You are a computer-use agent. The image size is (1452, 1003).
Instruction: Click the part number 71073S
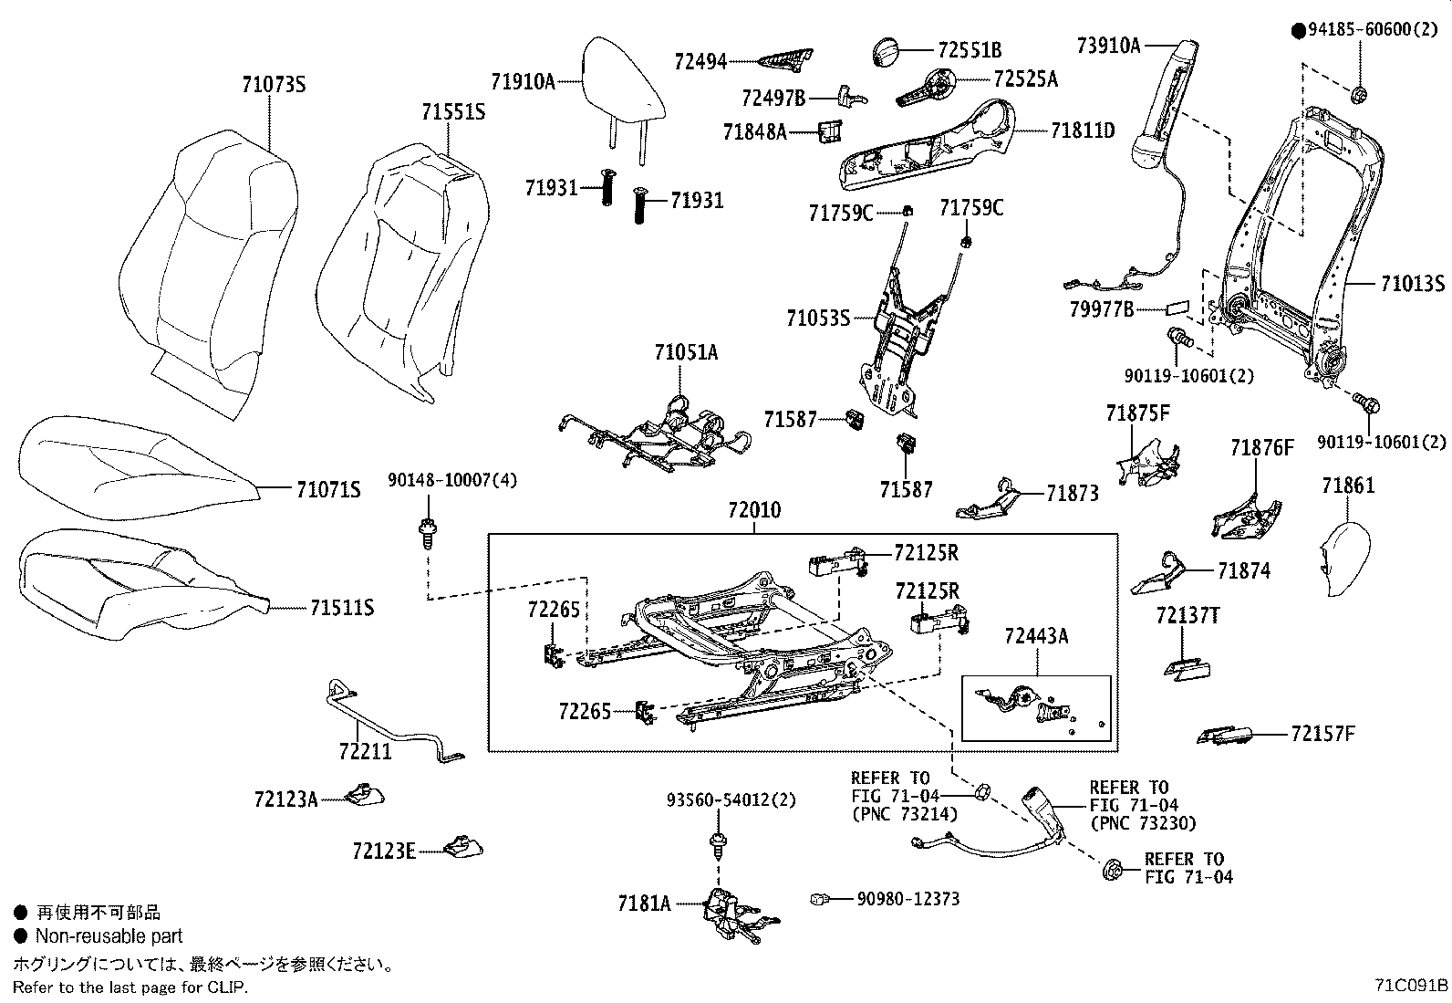click(274, 85)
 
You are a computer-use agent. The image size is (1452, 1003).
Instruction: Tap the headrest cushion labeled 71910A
click(622, 81)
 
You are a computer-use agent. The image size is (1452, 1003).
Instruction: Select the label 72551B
click(970, 50)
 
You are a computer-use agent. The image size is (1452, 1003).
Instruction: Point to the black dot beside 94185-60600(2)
click(1299, 30)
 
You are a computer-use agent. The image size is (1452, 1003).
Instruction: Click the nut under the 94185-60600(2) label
click(1359, 95)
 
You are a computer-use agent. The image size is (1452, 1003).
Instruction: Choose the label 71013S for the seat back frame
click(1413, 284)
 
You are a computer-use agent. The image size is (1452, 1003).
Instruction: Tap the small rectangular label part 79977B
click(1177, 308)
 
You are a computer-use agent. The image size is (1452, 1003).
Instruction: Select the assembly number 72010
click(754, 510)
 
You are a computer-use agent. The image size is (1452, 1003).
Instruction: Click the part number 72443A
click(1036, 636)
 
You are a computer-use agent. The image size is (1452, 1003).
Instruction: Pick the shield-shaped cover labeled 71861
click(1344, 559)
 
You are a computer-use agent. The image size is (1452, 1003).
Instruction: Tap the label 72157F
click(1323, 734)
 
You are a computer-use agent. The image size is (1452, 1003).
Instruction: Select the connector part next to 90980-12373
click(819, 899)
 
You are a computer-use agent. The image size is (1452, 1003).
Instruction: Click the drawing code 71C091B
click(1411, 986)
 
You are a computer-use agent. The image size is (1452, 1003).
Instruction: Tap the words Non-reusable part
click(109, 936)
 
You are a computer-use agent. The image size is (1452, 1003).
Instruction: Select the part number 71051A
click(686, 352)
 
